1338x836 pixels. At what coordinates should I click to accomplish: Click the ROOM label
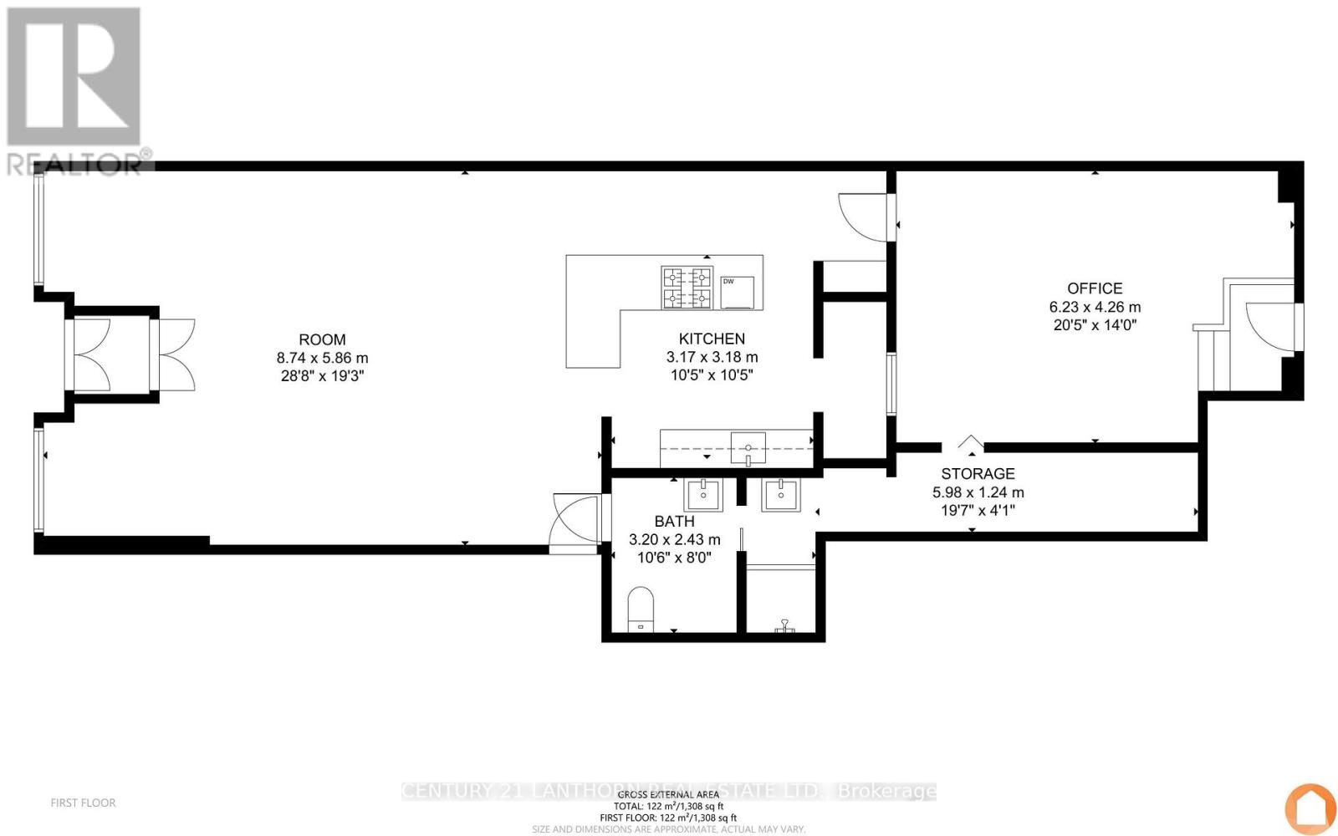[x=322, y=339]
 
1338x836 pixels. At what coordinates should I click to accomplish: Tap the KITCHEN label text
[x=712, y=339]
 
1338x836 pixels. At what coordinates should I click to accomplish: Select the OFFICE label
[x=1095, y=288]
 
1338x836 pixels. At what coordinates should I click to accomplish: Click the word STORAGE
[x=978, y=474]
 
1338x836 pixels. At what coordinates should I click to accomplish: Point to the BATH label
[x=674, y=522]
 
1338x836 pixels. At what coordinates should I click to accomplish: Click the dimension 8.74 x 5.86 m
[x=322, y=358]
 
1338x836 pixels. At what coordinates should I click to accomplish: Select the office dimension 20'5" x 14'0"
[x=1095, y=325]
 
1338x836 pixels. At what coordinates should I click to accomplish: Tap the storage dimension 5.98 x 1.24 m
[x=978, y=492]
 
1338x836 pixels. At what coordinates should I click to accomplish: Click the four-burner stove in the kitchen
[x=687, y=288]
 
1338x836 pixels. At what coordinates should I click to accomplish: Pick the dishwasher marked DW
[x=737, y=292]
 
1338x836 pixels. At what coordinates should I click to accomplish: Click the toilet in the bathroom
[x=641, y=609]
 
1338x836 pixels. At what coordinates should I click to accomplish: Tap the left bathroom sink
[x=703, y=494]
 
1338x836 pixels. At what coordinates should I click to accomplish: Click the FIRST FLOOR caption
[x=83, y=803]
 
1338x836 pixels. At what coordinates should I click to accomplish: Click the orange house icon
[x=1310, y=808]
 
